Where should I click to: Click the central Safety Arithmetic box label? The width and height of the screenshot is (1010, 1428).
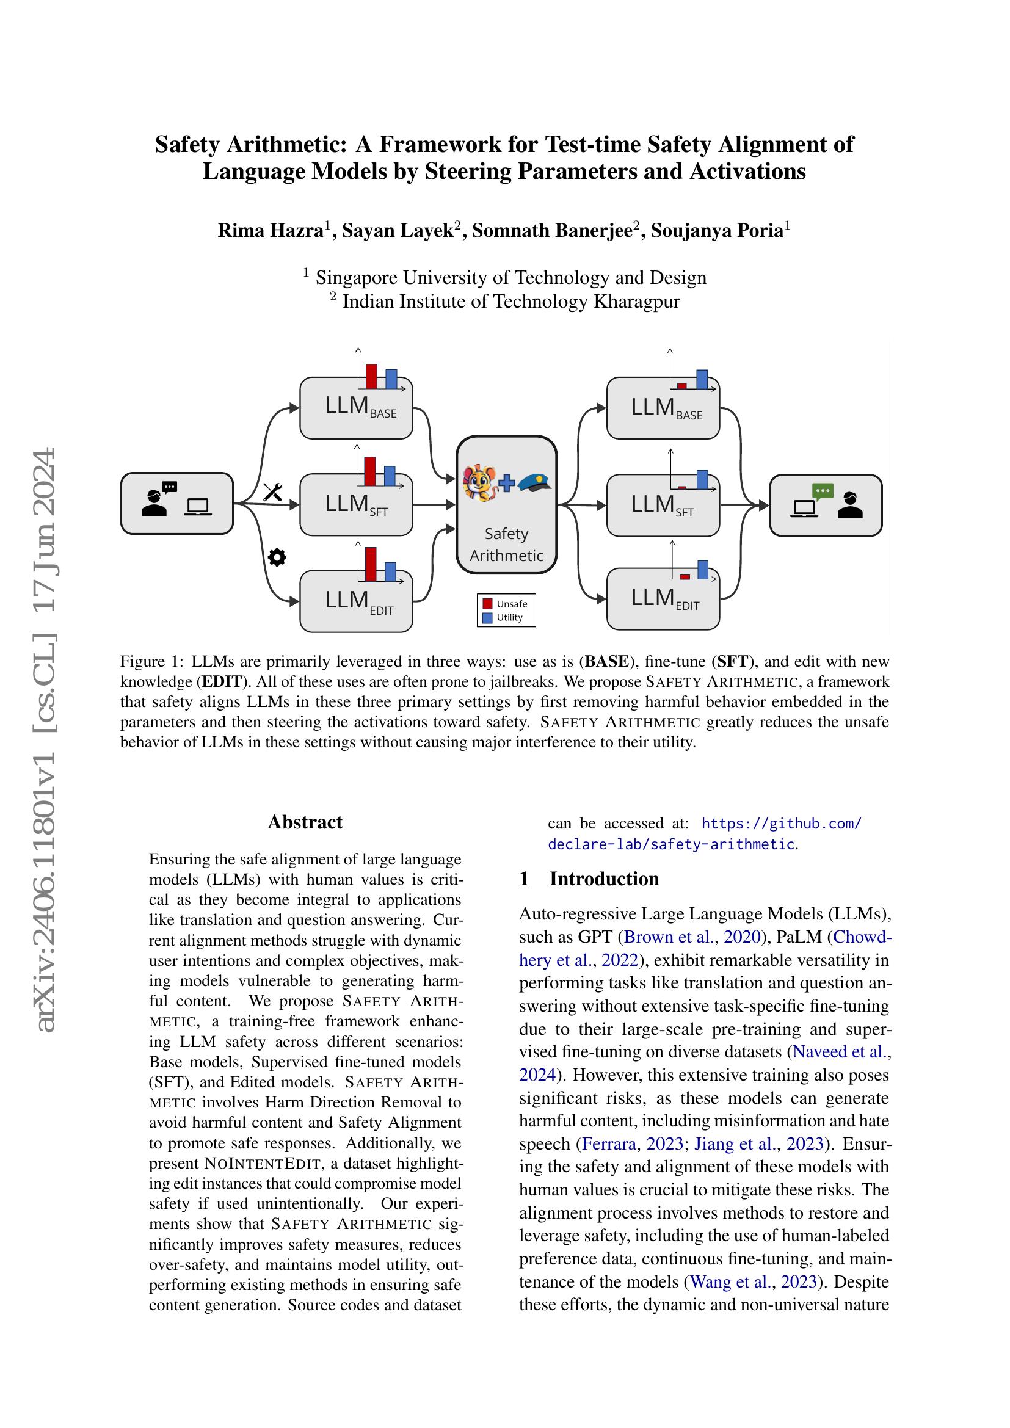[506, 544]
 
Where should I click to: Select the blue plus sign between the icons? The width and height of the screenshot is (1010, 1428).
[507, 483]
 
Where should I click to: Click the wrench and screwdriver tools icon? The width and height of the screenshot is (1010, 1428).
[272, 492]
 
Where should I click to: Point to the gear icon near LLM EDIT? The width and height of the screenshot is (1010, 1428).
[276, 557]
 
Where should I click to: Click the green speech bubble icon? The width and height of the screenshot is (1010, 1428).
[822, 491]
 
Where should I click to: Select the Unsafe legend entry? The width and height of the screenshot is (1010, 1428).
[506, 603]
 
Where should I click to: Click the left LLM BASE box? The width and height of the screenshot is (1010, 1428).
[356, 408]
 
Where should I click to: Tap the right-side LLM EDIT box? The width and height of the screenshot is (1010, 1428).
[663, 600]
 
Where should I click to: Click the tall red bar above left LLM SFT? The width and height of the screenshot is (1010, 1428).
[369, 471]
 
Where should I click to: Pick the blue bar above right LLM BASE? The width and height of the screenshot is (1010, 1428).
[702, 379]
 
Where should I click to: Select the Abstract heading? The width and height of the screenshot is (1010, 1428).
[305, 822]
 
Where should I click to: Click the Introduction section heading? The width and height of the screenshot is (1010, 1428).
[603, 878]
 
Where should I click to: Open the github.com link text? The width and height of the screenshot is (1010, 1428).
[781, 824]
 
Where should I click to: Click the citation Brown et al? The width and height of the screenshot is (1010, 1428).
[668, 937]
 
